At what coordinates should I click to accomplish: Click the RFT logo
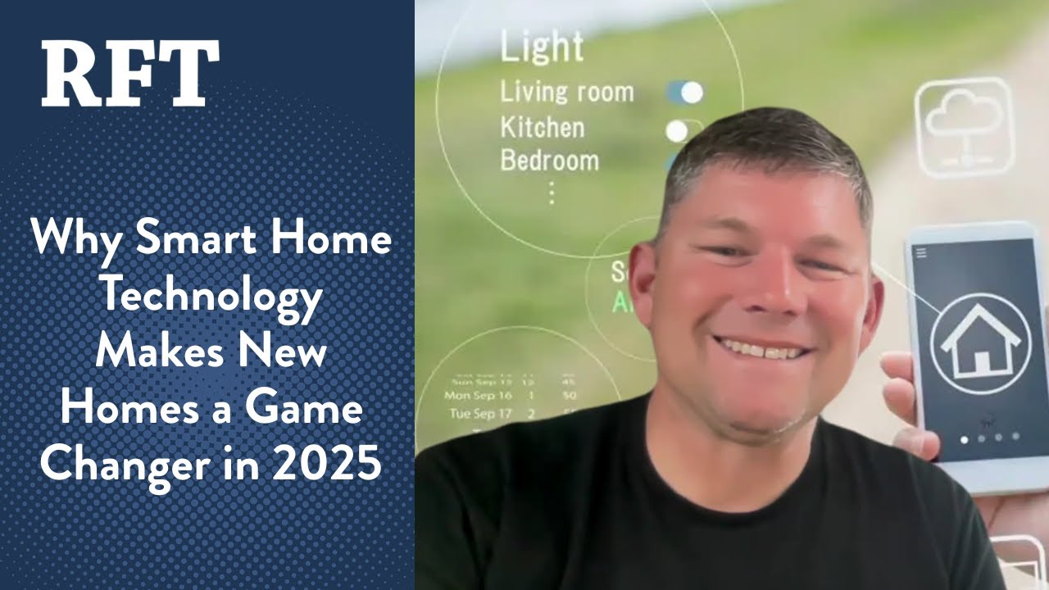(x=130, y=74)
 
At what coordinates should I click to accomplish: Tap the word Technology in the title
(x=210, y=297)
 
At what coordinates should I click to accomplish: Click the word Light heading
(x=542, y=48)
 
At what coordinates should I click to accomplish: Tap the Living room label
(x=567, y=92)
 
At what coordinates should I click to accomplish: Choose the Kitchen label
(x=543, y=128)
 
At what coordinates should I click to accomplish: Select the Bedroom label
(x=549, y=160)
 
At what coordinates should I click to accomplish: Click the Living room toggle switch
(x=685, y=93)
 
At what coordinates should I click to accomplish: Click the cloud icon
(x=964, y=128)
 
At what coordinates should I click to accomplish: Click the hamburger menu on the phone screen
(x=921, y=253)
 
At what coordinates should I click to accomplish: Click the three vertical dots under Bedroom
(x=552, y=193)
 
